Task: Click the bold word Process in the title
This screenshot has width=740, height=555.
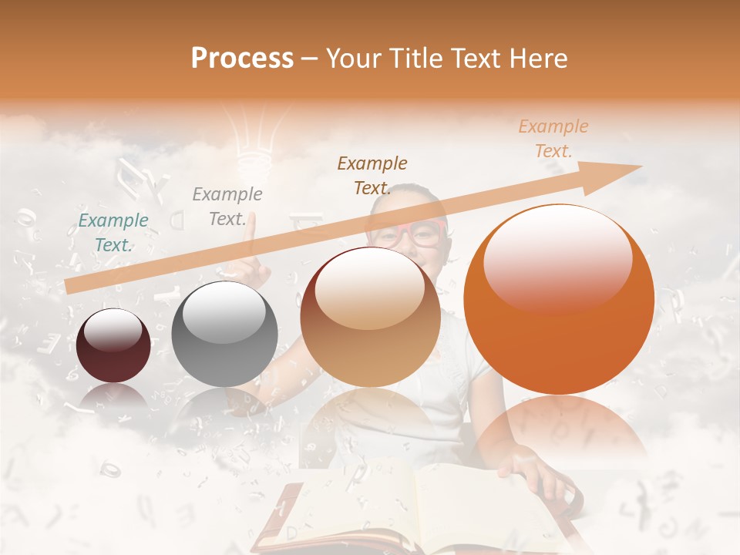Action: coord(242,59)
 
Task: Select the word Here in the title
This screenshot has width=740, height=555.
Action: coord(537,59)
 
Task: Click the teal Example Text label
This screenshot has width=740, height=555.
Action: coord(113,233)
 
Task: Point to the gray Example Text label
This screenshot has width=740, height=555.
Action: coord(227,207)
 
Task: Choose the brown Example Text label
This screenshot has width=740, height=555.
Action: coord(372,175)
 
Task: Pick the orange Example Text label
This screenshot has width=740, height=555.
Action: coord(553,139)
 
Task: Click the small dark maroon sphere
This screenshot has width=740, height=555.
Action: coord(113,345)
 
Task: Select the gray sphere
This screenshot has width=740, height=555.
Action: coord(224,333)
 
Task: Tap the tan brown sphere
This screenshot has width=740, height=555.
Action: coord(370,317)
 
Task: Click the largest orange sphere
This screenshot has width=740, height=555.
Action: coord(559,299)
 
